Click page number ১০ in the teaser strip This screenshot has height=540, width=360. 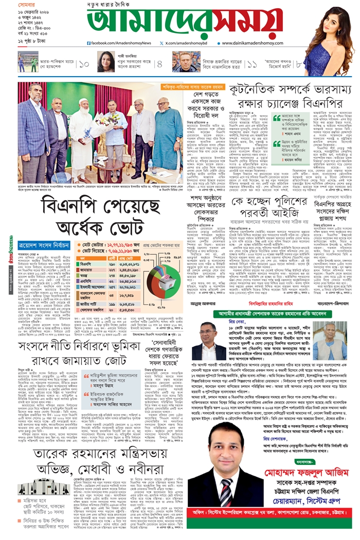click(x=84, y=63)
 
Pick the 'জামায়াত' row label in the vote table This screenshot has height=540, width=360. click(x=87, y=269)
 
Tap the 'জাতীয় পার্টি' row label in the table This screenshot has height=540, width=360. click(x=88, y=304)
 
